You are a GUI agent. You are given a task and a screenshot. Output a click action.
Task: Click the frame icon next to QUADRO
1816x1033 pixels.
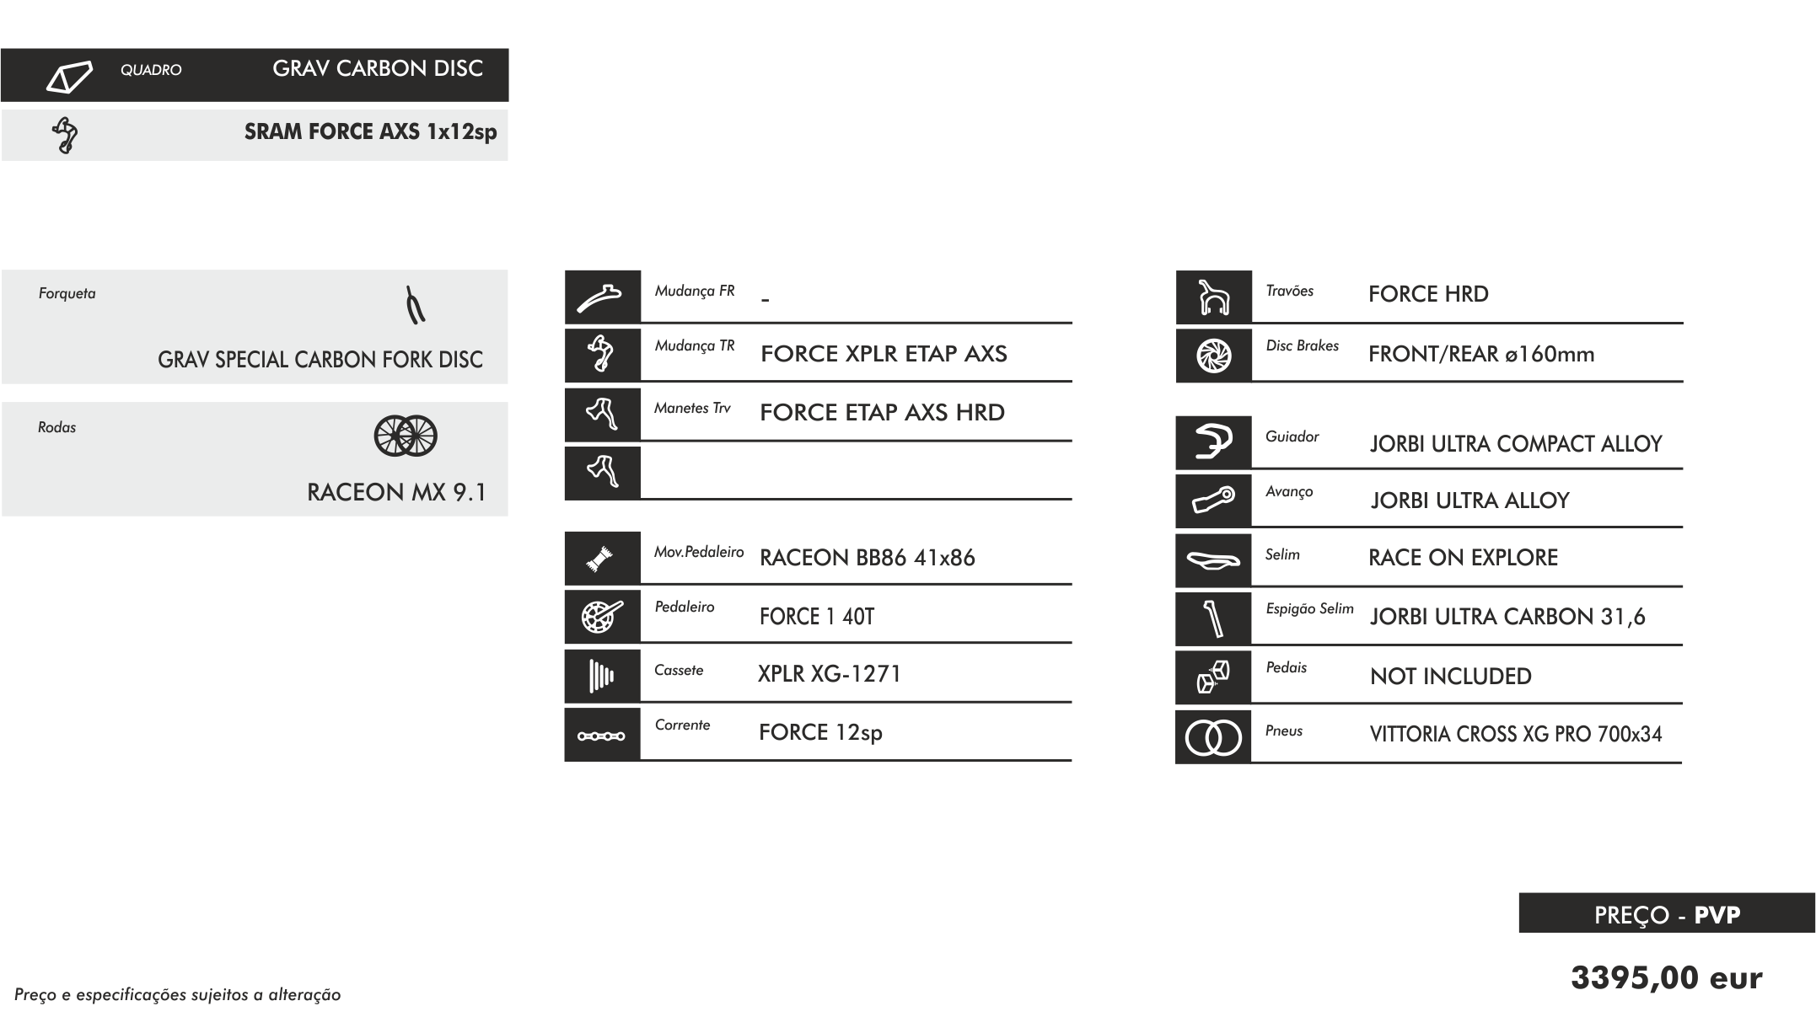pos(68,76)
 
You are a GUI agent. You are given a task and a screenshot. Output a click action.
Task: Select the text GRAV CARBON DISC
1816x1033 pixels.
pos(378,69)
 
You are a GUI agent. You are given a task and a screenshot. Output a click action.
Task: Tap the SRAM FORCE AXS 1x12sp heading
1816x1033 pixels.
pos(370,132)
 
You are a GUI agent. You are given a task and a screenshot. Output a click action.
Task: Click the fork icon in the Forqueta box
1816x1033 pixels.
pos(414,306)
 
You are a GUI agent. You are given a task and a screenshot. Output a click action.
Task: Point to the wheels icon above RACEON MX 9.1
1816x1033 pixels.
pos(406,436)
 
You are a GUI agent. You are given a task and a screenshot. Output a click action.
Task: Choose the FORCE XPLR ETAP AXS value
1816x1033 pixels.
pos(884,354)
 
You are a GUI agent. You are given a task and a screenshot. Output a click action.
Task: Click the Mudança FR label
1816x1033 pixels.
pos(695,291)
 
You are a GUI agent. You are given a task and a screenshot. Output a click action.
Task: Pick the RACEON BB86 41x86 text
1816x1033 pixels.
pos(867,558)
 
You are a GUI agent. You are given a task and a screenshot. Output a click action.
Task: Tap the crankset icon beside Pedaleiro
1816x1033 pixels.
pos(602,617)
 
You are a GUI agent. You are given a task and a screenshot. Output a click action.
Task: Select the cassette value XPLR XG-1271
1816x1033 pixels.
pos(830,674)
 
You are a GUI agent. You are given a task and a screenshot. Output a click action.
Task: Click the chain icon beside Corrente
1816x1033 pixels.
pos(601,736)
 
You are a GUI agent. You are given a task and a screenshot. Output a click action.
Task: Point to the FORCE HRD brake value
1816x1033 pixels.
pos(1428,294)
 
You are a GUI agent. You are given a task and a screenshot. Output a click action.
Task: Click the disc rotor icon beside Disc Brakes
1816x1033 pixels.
pos(1213,356)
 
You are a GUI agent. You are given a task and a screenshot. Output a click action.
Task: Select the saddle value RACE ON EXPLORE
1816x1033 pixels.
pos(1463,558)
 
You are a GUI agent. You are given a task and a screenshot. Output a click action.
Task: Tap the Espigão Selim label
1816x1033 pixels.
pos(1309,608)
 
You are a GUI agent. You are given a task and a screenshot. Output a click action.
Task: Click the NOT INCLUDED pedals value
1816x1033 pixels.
pos(1450,677)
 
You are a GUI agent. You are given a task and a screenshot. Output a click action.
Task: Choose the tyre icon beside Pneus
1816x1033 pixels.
pos(1213,738)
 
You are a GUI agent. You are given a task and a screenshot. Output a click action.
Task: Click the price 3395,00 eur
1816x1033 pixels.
pos(1666,978)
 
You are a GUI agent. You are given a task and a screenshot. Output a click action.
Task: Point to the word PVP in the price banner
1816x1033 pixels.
pos(1717,915)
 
